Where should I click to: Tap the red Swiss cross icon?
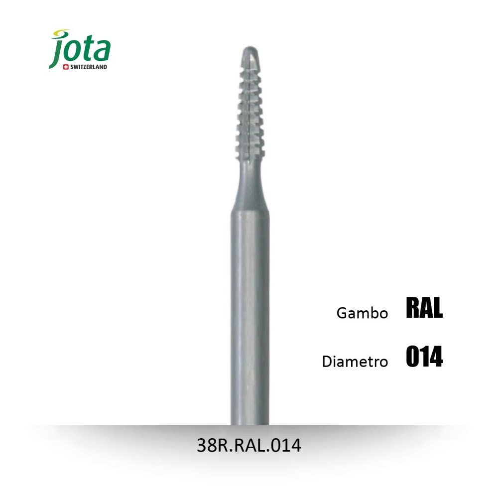click(x=66, y=67)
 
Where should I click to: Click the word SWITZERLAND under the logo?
click(x=89, y=67)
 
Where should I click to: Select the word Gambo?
click(x=362, y=313)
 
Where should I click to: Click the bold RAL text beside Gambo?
click(x=424, y=307)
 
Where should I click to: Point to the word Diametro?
click(x=355, y=362)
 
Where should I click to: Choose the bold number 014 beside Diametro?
click(x=424, y=357)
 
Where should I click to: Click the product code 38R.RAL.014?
click(x=249, y=445)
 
